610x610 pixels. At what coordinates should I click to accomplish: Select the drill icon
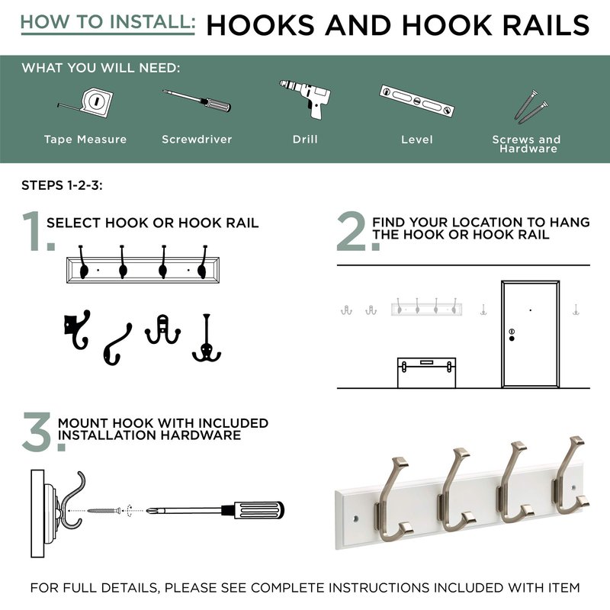pos(307,98)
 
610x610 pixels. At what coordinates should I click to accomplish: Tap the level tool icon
pos(416,101)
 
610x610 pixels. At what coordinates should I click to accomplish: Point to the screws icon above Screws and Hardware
pos(531,105)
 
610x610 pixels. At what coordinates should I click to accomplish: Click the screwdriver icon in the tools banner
pos(197,101)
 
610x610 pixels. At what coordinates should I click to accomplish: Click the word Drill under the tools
pos(305,140)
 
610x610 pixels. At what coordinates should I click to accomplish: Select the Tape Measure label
pos(85,140)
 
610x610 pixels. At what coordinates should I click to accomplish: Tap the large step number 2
pos(352,231)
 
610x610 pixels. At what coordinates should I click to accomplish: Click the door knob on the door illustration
pos(512,339)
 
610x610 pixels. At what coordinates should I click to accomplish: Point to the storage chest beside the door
pos(426,373)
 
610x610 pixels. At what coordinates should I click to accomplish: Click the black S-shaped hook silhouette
pos(117,345)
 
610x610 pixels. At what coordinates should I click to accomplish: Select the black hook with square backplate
pos(77,329)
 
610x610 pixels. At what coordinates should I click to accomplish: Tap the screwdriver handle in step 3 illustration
pos(253,510)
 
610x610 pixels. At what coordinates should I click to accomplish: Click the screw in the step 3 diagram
pos(104,510)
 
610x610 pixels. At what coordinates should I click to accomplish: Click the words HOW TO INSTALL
pos(108,22)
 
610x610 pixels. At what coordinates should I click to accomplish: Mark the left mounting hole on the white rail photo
pos(355,519)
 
